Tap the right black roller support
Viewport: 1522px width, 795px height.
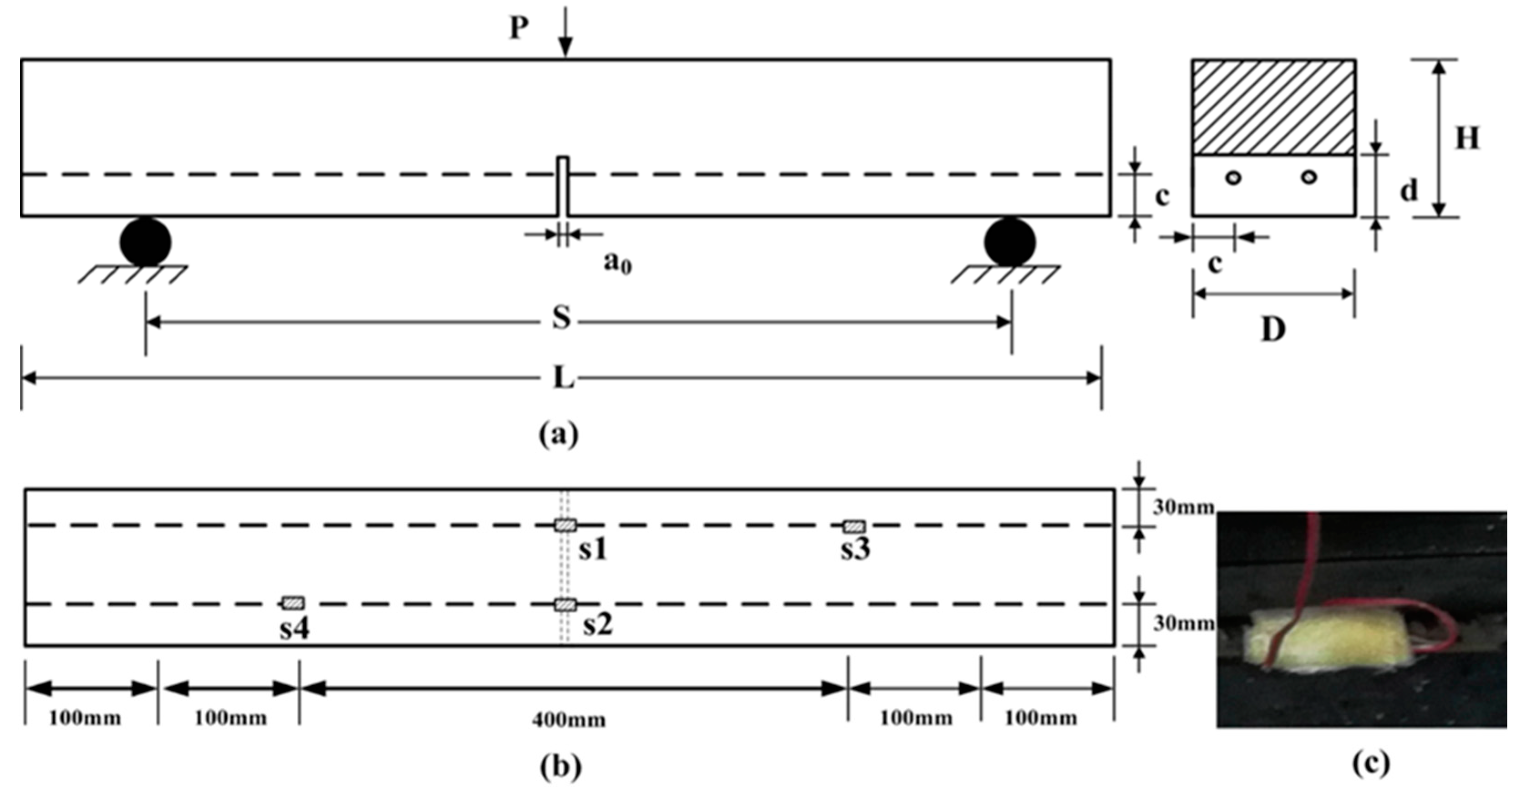tap(1010, 242)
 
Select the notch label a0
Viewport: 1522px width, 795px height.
tap(617, 262)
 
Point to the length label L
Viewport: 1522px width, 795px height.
tap(563, 377)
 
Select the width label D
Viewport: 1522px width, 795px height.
tap(1273, 330)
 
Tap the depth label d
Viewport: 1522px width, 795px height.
tap(1409, 190)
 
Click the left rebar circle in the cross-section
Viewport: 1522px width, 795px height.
tap(1233, 177)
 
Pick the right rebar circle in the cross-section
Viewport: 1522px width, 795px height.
tap(1309, 177)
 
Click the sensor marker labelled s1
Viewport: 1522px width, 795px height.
tap(565, 525)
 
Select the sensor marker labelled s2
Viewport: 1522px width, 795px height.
tap(565, 605)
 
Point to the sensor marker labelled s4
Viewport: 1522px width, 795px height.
tap(294, 603)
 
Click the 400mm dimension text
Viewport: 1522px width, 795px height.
tap(568, 720)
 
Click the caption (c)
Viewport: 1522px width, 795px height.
tap(1371, 763)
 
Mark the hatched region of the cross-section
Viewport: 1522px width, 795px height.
tap(1273, 107)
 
